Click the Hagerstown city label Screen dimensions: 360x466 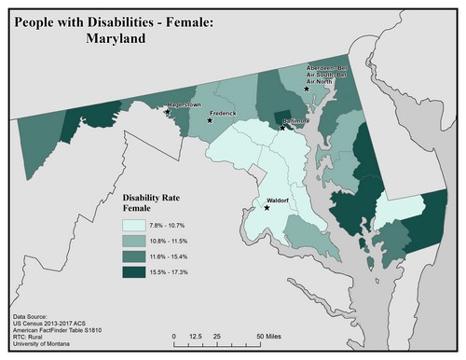(x=185, y=105)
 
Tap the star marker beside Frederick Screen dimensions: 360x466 (x=210, y=120)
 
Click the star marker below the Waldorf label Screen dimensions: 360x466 (x=267, y=208)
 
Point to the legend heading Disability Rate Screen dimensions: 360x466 (x=156, y=198)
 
